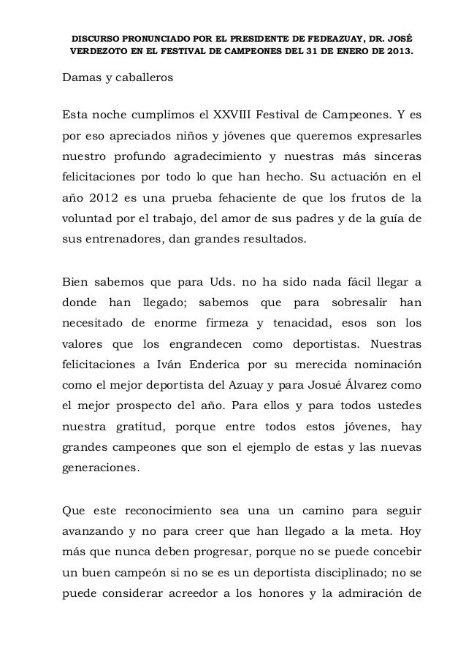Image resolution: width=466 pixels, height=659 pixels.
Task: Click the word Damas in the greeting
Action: click(80, 78)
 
